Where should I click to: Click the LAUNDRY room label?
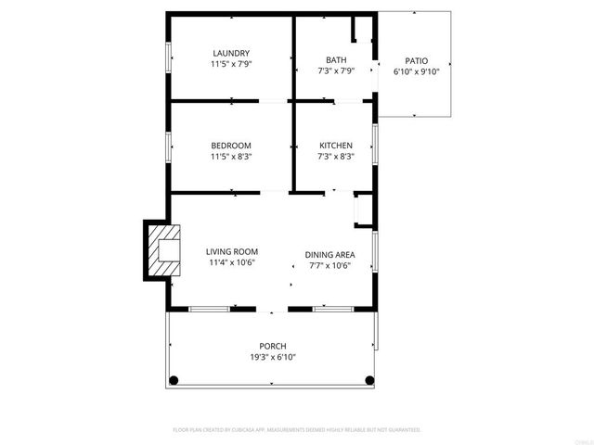click(231, 54)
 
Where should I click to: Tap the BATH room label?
click(336, 59)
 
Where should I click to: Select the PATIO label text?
click(417, 59)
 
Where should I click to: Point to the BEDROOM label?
click(231, 146)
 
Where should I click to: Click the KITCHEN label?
click(336, 146)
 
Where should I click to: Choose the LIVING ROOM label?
click(231, 251)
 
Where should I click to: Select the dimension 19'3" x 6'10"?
click(272, 357)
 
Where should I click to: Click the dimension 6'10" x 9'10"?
click(417, 70)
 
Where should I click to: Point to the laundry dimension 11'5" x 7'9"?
click(231, 65)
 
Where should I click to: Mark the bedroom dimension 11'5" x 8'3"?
click(231, 157)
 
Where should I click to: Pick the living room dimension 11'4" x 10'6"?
click(231, 262)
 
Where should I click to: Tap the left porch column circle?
click(173, 380)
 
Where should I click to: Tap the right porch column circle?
click(370, 380)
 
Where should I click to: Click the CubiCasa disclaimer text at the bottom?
click(297, 430)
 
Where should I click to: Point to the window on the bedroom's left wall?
click(168, 146)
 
